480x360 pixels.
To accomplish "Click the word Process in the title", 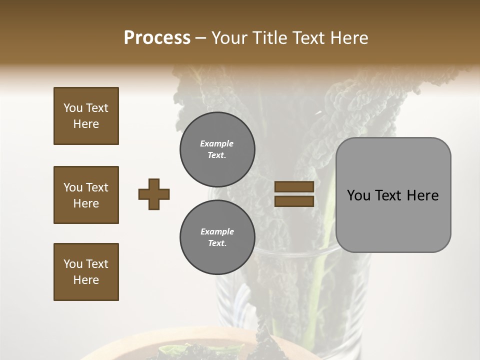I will coord(157,38).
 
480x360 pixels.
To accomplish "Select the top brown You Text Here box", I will coord(86,116).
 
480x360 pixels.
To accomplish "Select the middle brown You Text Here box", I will coord(86,195).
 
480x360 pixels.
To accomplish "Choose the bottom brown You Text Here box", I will coord(86,272).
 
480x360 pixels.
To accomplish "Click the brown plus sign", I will coord(154,194).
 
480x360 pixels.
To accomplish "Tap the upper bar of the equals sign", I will coord(294,186).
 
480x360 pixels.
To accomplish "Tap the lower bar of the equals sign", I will coord(294,201).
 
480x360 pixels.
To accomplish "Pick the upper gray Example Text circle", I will coord(217,149).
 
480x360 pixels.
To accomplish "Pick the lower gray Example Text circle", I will coord(217,237).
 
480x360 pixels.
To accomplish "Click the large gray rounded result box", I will coord(393,194).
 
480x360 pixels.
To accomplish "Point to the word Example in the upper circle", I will coord(217,143).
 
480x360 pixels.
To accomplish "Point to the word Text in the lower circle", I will coord(217,243).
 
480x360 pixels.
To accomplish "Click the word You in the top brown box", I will coord(72,108).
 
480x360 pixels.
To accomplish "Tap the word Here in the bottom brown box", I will coord(86,280).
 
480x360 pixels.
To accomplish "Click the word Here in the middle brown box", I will coord(86,203).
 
